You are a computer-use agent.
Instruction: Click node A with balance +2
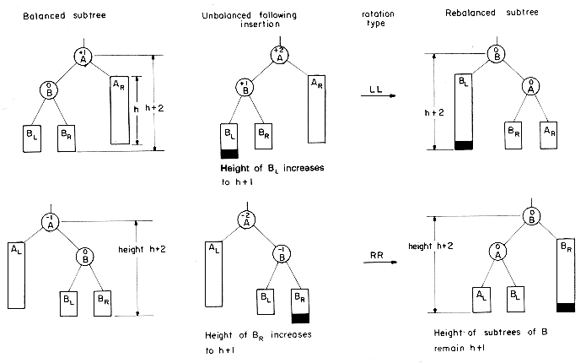[x=279, y=56]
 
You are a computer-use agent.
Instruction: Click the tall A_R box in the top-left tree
[x=120, y=113]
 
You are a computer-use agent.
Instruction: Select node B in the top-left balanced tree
[x=49, y=90]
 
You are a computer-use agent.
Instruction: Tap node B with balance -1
[x=281, y=254]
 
